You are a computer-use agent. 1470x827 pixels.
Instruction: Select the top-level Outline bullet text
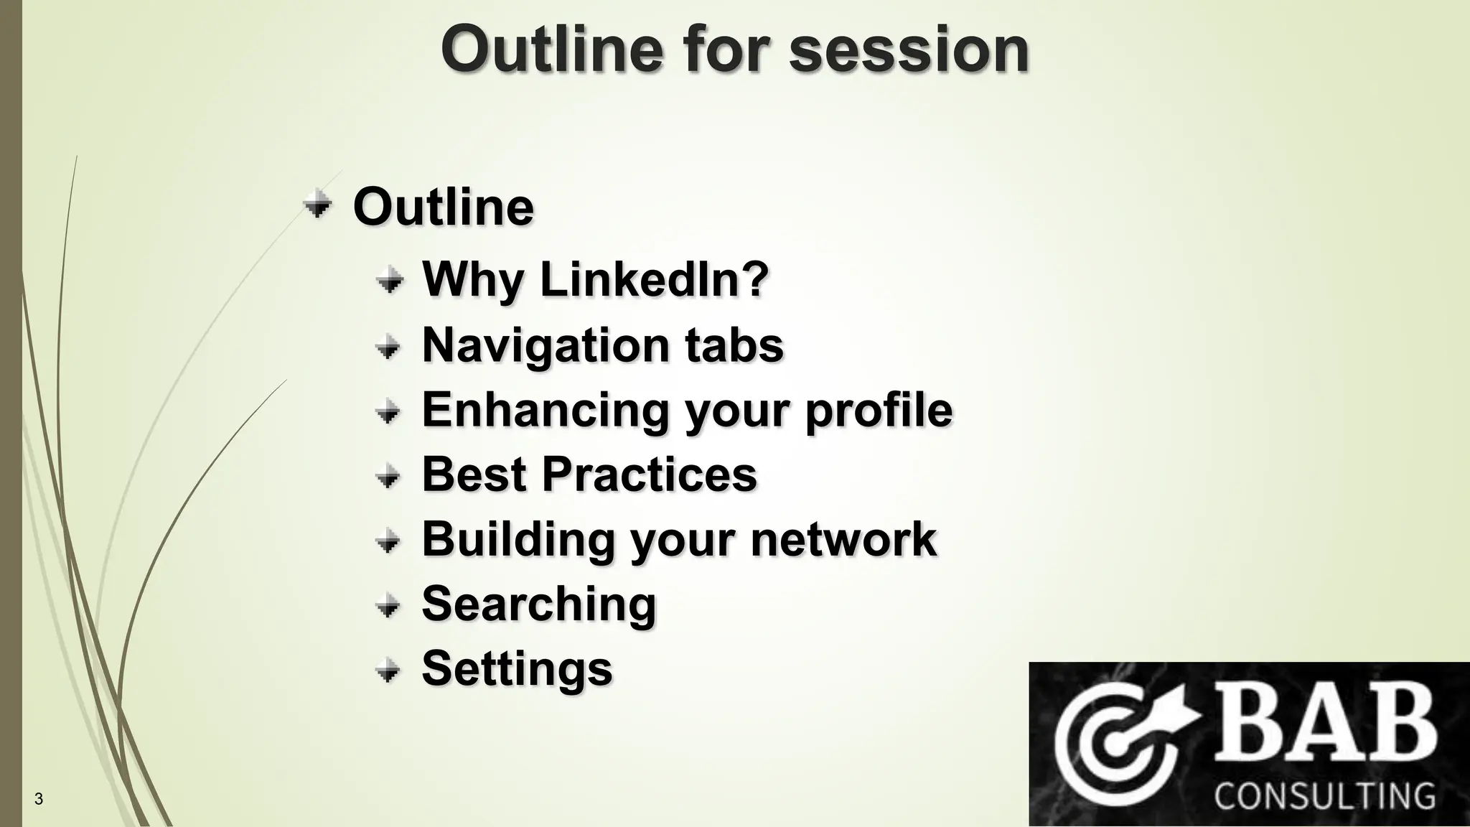pos(444,207)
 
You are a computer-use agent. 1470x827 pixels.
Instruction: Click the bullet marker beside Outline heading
pos(317,205)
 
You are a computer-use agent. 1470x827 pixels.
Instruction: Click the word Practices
pos(649,474)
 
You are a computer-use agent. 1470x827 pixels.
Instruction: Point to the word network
pos(843,539)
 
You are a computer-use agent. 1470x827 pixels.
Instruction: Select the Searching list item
pos(538,604)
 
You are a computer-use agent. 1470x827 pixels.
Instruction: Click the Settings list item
pos(517,668)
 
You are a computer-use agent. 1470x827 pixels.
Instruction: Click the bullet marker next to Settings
pos(388,671)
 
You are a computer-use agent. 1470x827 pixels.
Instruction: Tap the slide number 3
pos(39,799)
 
